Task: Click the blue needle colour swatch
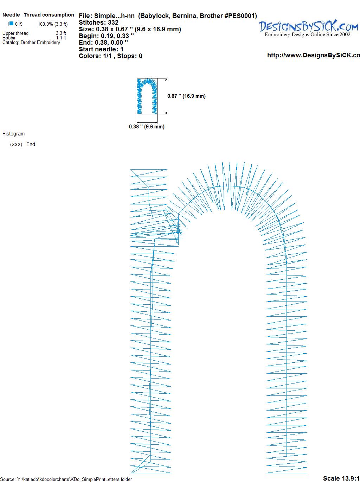(12, 23)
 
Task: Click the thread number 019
(19, 24)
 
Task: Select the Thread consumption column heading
(49, 15)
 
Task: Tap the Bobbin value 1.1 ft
(61, 38)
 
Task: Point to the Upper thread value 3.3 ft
(61, 33)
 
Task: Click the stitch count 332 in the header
(113, 23)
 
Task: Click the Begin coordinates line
(106, 36)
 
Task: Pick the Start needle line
(101, 49)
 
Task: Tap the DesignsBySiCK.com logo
(308, 26)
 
